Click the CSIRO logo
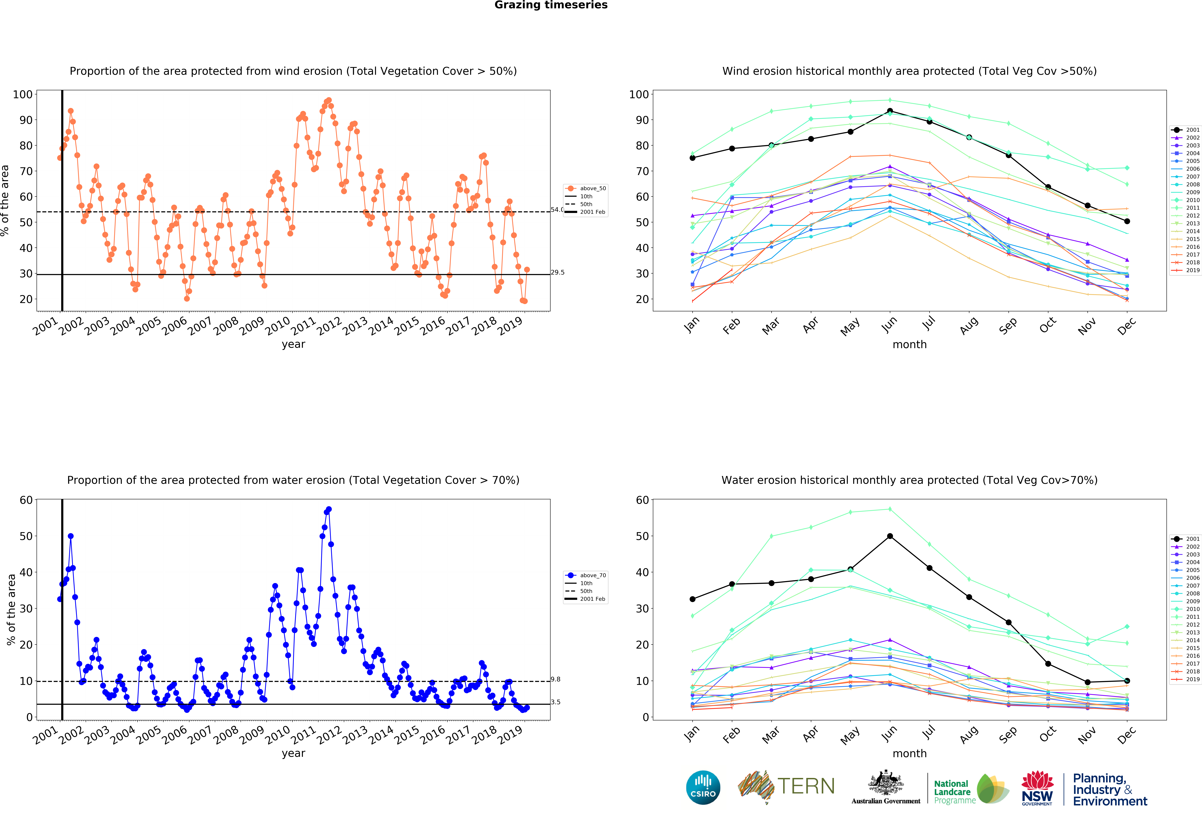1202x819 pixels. pyautogui.click(x=703, y=787)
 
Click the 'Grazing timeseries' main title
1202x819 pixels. pyautogui.click(x=551, y=5)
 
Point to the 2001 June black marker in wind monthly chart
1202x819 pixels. pyautogui.click(x=890, y=111)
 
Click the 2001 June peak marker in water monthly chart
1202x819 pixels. pyautogui.click(x=890, y=536)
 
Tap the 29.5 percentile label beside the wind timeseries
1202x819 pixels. pyautogui.click(x=558, y=272)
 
